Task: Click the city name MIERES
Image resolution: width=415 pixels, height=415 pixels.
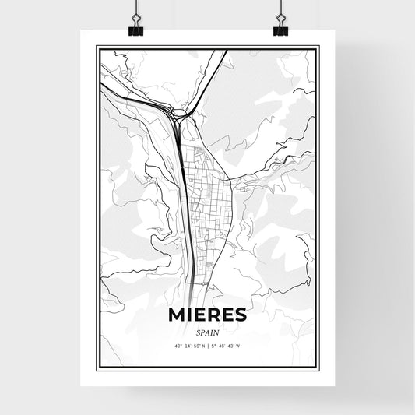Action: click(x=207, y=314)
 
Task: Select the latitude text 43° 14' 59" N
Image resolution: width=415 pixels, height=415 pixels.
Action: click(x=186, y=344)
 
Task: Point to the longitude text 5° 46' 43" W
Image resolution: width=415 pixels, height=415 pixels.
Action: click(x=229, y=344)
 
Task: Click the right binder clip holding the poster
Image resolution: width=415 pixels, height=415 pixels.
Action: click(x=280, y=30)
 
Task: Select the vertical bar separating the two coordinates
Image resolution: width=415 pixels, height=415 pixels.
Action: click(x=207, y=344)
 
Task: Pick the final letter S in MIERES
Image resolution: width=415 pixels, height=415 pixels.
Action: click(x=241, y=314)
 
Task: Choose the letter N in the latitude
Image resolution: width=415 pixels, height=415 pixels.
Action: click(x=202, y=344)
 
